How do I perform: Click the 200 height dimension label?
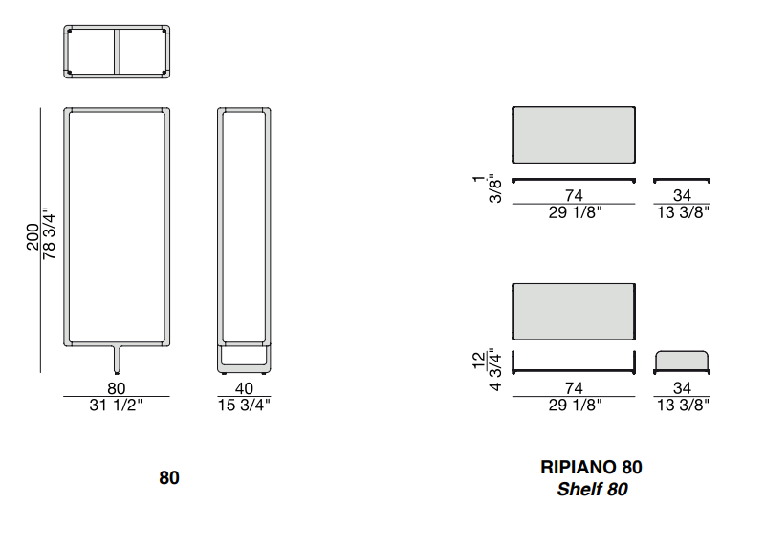[33, 236]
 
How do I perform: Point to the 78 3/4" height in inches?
[50, 236]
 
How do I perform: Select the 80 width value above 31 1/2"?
[117, 388]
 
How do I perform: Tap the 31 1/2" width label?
[116, 405]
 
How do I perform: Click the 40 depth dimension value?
[244, 388]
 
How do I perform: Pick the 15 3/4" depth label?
[244, 405]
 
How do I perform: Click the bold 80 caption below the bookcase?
[169, 478]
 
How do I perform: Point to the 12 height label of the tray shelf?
[480, 360]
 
